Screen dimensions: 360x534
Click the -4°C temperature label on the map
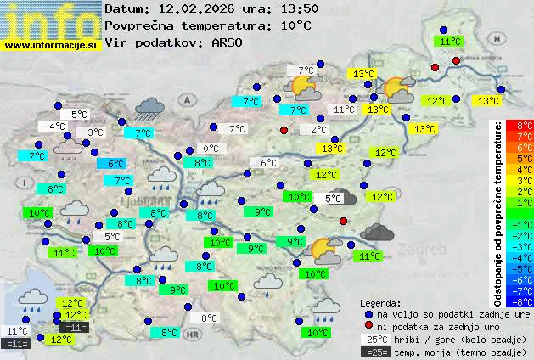(x=54, y=127)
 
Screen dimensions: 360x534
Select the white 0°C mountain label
(x=211, y=148)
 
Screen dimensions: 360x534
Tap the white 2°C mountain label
(x=318, y=130)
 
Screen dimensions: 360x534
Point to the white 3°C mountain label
(x=94, y=132)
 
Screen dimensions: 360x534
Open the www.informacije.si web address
(x=51, y=45)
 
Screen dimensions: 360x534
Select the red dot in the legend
(x=368, y=326)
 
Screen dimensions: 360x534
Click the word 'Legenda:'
(x=380, y=302)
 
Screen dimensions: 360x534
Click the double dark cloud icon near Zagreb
(x=376, y=231)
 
